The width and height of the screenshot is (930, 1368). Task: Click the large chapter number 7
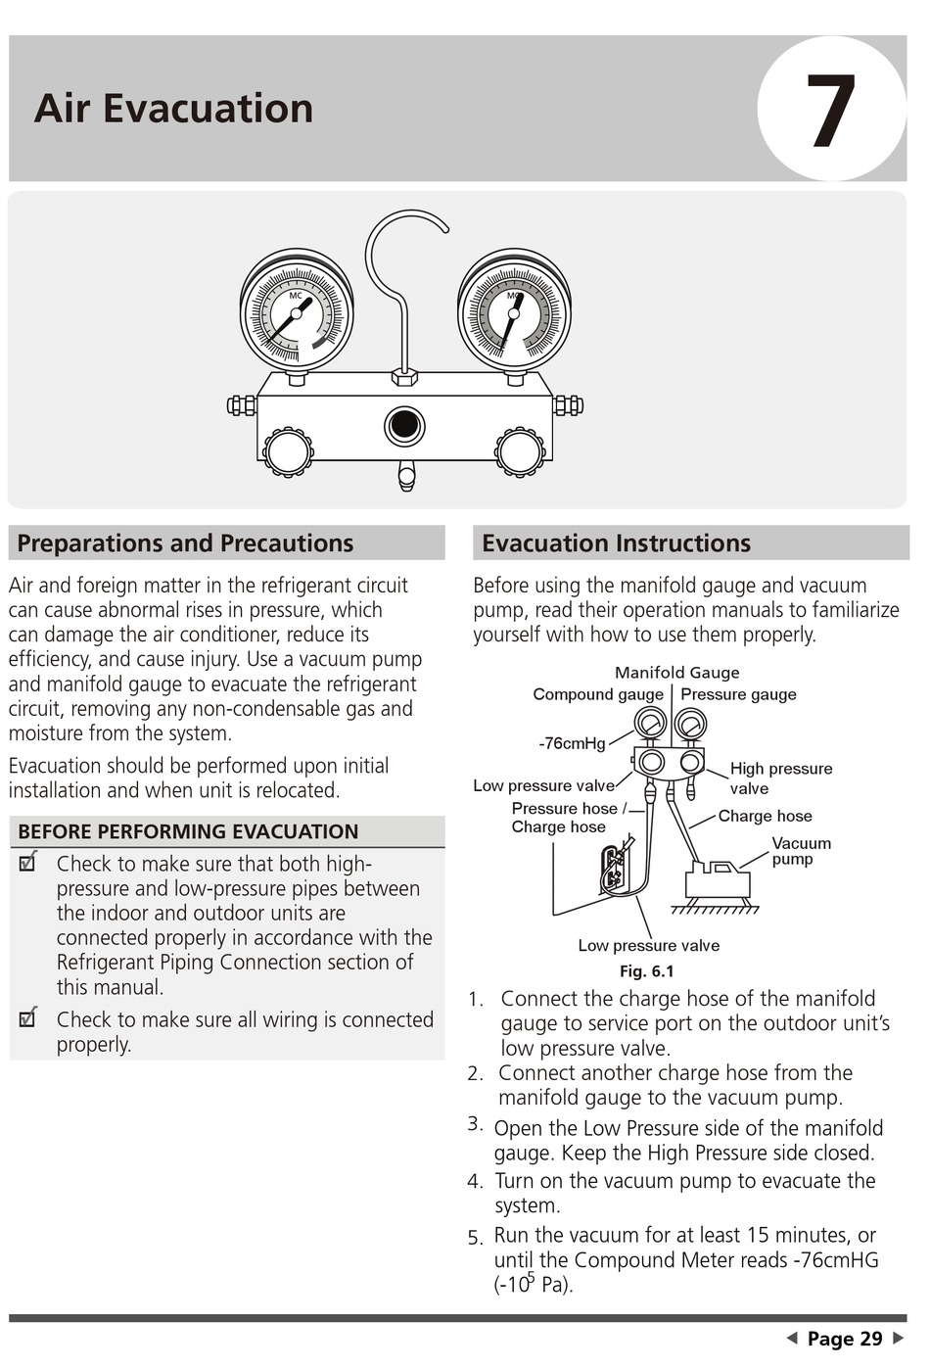[830, 111]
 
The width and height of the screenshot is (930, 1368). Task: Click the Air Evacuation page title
[173, 108]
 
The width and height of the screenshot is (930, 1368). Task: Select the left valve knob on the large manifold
[288, 451]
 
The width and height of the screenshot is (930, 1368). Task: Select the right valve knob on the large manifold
[520, 451]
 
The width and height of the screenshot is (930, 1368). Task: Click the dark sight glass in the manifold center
[404, 426]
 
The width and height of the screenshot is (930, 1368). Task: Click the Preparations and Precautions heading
[185, 543]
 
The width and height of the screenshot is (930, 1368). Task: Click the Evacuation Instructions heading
[616, 543]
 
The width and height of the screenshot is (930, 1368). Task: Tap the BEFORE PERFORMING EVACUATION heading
[188, 832]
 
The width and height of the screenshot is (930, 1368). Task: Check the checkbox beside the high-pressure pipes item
[27, 863]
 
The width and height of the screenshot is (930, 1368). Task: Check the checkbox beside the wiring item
[27, 1018]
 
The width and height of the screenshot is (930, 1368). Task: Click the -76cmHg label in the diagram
[572, 743]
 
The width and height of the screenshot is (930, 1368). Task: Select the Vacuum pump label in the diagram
[800, 851]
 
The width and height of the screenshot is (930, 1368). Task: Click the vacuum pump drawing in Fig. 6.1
[718, 880]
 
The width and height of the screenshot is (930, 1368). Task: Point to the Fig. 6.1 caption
[646, 971]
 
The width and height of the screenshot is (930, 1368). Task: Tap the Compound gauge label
[597, 694]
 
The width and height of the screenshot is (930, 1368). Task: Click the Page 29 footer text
[844, 1339]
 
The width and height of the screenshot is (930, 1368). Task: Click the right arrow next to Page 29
[898, 1338]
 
